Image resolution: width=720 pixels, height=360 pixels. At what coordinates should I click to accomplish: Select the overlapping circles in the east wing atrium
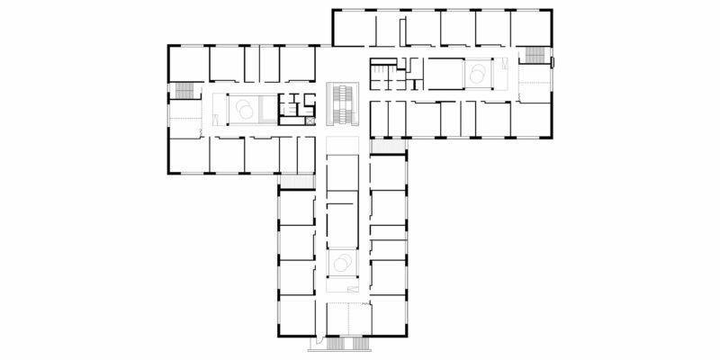pyautogui.click(x=478, y=71)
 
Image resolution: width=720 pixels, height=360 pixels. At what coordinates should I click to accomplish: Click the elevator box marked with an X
pyautogui.click(x=310, y=117)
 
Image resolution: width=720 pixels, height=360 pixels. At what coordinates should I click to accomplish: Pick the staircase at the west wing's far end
pyautogui.click(x=184, y=91)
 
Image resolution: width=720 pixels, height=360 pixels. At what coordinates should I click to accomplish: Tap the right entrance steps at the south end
pyautogui.click(x=357, y=343)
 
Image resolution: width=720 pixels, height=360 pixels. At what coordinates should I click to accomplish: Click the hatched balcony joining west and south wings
pyautogui.click(x=294, y=181)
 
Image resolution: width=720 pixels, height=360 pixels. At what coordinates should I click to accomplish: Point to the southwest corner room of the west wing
pyautogui.click(x=188, y=154)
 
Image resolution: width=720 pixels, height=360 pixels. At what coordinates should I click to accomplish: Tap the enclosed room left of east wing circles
pyautogui.click(x=443, y=71)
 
